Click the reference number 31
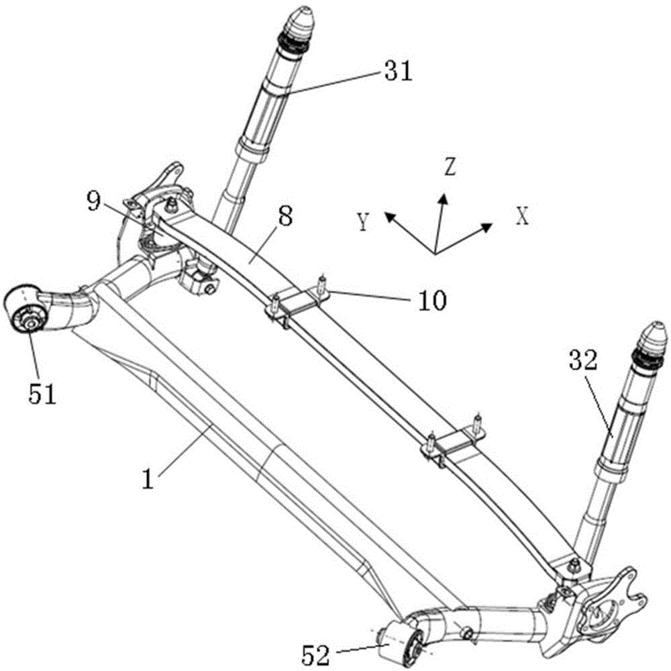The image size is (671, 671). tap(399, 71)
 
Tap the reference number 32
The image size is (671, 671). tap(582, 360)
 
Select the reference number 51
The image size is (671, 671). tap(42, 394)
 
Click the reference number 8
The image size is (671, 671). tap(285, 216)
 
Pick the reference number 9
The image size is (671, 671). tap(94, 201)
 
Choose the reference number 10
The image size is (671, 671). tap(432, 300)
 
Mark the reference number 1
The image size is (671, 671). tap(148, 479)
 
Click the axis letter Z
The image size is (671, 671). tap(450, 167)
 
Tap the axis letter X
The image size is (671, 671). tap(523, 216)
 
